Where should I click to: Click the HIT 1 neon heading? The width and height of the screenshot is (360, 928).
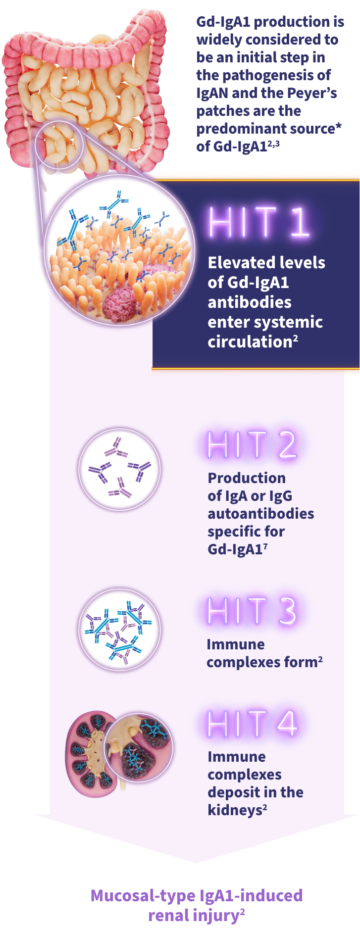259,222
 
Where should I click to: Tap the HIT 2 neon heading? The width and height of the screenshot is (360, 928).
252,444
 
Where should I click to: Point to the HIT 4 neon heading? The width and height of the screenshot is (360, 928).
252,723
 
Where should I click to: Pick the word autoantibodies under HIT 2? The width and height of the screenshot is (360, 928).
260,513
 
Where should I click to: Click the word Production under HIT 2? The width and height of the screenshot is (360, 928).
247,478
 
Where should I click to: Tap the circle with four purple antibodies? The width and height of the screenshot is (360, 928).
120,470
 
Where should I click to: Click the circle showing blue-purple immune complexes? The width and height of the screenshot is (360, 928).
120,630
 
